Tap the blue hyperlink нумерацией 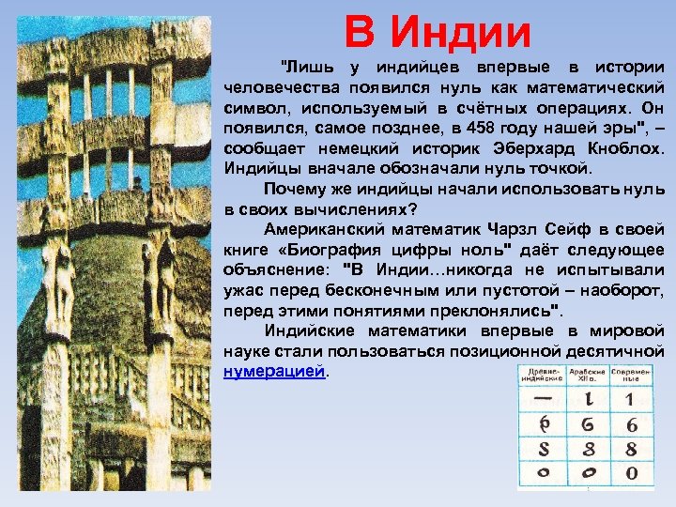[x=275, y=371]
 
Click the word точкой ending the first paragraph [x=562, y=169]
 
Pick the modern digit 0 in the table [x=632, y=471]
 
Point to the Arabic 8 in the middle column [x=587, y=448]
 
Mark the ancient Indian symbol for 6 [x=542, y=424]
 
